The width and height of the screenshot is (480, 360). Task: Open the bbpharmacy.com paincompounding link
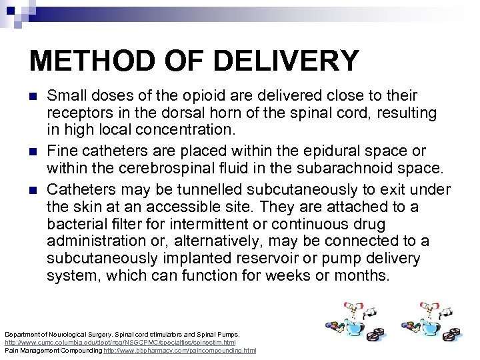179,350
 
